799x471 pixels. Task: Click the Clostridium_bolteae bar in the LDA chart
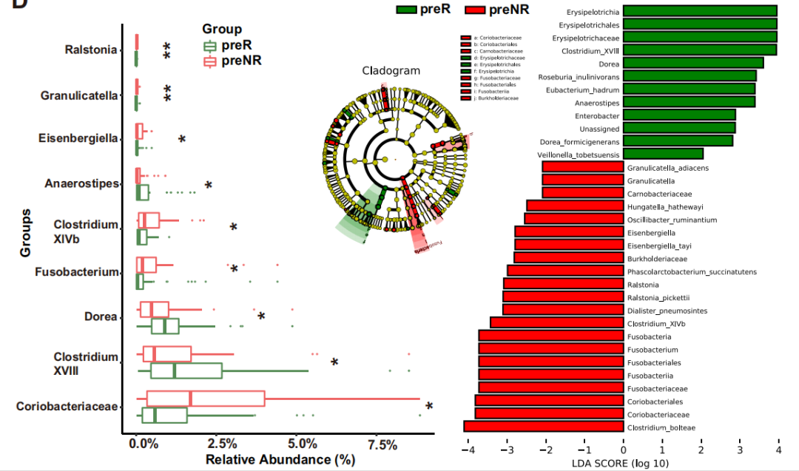point(543,427)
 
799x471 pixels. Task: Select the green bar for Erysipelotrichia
point(700,11)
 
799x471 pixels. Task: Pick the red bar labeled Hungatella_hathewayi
point(574,206)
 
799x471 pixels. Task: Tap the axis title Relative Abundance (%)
point(280,460)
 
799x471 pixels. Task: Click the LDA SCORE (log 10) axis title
point(621,464)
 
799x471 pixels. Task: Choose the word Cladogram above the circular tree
point(391,71)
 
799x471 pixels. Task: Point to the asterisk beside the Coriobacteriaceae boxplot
point(429,406)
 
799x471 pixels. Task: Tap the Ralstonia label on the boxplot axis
point(91,50)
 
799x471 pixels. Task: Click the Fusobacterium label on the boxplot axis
point(76,272)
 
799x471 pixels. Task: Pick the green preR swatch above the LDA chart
point(417,10)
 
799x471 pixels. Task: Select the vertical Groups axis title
point(27,232)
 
